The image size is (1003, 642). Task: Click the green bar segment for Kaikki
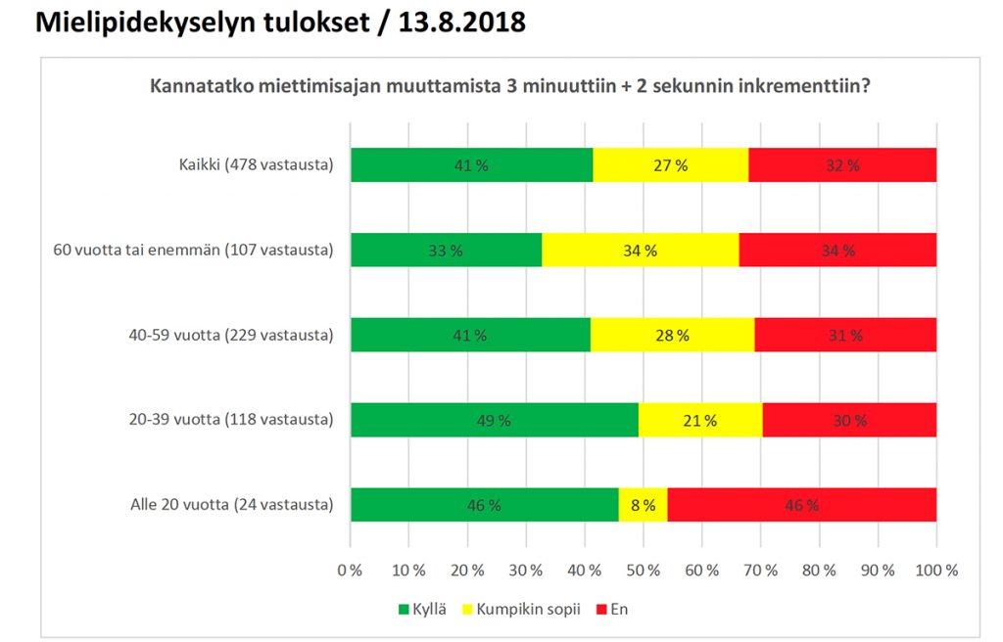pos(471,165)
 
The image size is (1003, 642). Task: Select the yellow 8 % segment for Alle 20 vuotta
pos(644,505)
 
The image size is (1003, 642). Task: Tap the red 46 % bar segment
pos(801,505)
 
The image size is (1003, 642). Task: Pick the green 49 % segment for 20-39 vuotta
pos(495,421)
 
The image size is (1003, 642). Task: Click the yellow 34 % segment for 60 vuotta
pos(640,251)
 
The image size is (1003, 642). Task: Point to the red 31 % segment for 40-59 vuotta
pos(845,336)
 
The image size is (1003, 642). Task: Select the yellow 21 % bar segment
pos(699,421)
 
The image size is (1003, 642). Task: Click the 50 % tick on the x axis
pos(644,570)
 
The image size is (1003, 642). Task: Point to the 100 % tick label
pos(936,570)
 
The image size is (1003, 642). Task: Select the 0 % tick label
pos(350,570)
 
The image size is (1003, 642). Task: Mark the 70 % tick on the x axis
pos(761,570)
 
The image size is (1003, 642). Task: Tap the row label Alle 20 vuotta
pos(232,505)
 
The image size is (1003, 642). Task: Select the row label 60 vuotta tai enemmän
pos(193,251)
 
